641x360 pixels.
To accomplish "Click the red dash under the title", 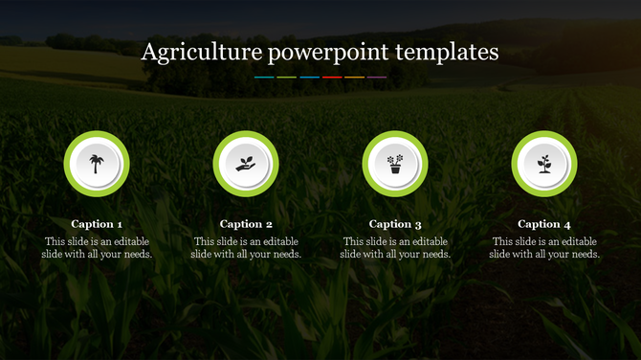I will coord(332,77).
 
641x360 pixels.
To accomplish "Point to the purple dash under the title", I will coord(377,77).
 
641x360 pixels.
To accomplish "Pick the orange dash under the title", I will coord(354,77).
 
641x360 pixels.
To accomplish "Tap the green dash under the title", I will coord(287,77).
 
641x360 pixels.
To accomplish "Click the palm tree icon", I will coord(97,164).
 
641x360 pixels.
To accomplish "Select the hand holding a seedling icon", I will coord(246,164).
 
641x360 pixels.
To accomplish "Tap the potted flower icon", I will coord(395,164).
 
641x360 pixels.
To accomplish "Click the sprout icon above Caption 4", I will coord(544,164).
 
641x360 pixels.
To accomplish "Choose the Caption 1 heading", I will coord(97,224).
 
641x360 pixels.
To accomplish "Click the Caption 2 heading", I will coord(246,224).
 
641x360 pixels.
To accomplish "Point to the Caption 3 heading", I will coord(395,224).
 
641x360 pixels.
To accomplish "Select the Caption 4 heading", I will coord(544,224).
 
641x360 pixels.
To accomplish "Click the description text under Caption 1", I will coord(97,248).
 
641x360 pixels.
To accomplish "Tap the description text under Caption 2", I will coord(246,248).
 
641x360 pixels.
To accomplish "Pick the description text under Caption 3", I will coord(395,248).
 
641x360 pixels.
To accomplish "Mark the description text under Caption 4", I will coord(544,248).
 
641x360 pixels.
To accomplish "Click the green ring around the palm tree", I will coord(69,164).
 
